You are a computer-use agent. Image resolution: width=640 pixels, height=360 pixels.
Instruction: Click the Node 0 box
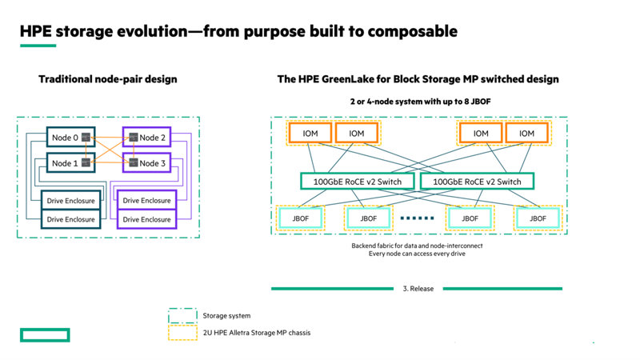[x=67, y=138]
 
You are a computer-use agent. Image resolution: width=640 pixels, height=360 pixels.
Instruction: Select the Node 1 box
[x=67, y=163]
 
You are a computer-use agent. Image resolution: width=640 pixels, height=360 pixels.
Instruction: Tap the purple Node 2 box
[x=149, y=138]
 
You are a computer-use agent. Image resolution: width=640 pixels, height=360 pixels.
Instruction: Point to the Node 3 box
[x=149, y=163]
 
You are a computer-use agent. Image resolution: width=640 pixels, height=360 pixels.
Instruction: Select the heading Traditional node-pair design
[x=108, y=79]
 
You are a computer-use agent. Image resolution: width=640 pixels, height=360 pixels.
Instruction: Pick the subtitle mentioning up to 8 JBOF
[x=419, y=103]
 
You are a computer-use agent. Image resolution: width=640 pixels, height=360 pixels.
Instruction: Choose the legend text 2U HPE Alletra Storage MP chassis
[x=258, y=332]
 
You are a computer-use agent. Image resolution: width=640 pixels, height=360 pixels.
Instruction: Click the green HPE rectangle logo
[x=45, y=334]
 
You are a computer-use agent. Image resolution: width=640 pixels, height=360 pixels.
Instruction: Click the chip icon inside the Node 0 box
[x=86, y=138]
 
